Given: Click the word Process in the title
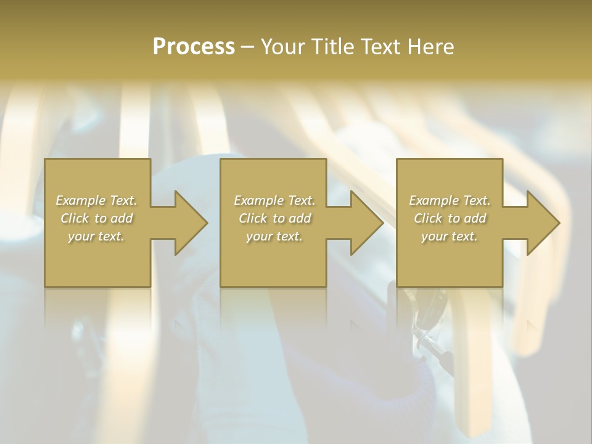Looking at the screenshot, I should click(x=194, y=47).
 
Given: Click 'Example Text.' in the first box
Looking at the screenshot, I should click(x=97, y=200).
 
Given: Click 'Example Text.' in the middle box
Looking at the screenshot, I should click(x=274, y=200).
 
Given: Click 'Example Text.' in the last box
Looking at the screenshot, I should click(x=450, y=200).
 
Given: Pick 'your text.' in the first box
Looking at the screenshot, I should click(x=96, y=236).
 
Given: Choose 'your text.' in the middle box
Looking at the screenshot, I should click(x=274, y=236).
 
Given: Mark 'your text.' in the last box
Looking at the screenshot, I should click(x=450, y=236).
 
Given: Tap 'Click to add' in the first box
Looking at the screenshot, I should click(x=97, y=218).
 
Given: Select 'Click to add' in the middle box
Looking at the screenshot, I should click(x=274, y=218).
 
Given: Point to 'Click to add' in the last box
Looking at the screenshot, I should click(x=450, y=218).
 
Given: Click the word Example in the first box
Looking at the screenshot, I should click(x=81, y=200).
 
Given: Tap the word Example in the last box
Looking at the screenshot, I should click(x=434, y=200).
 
